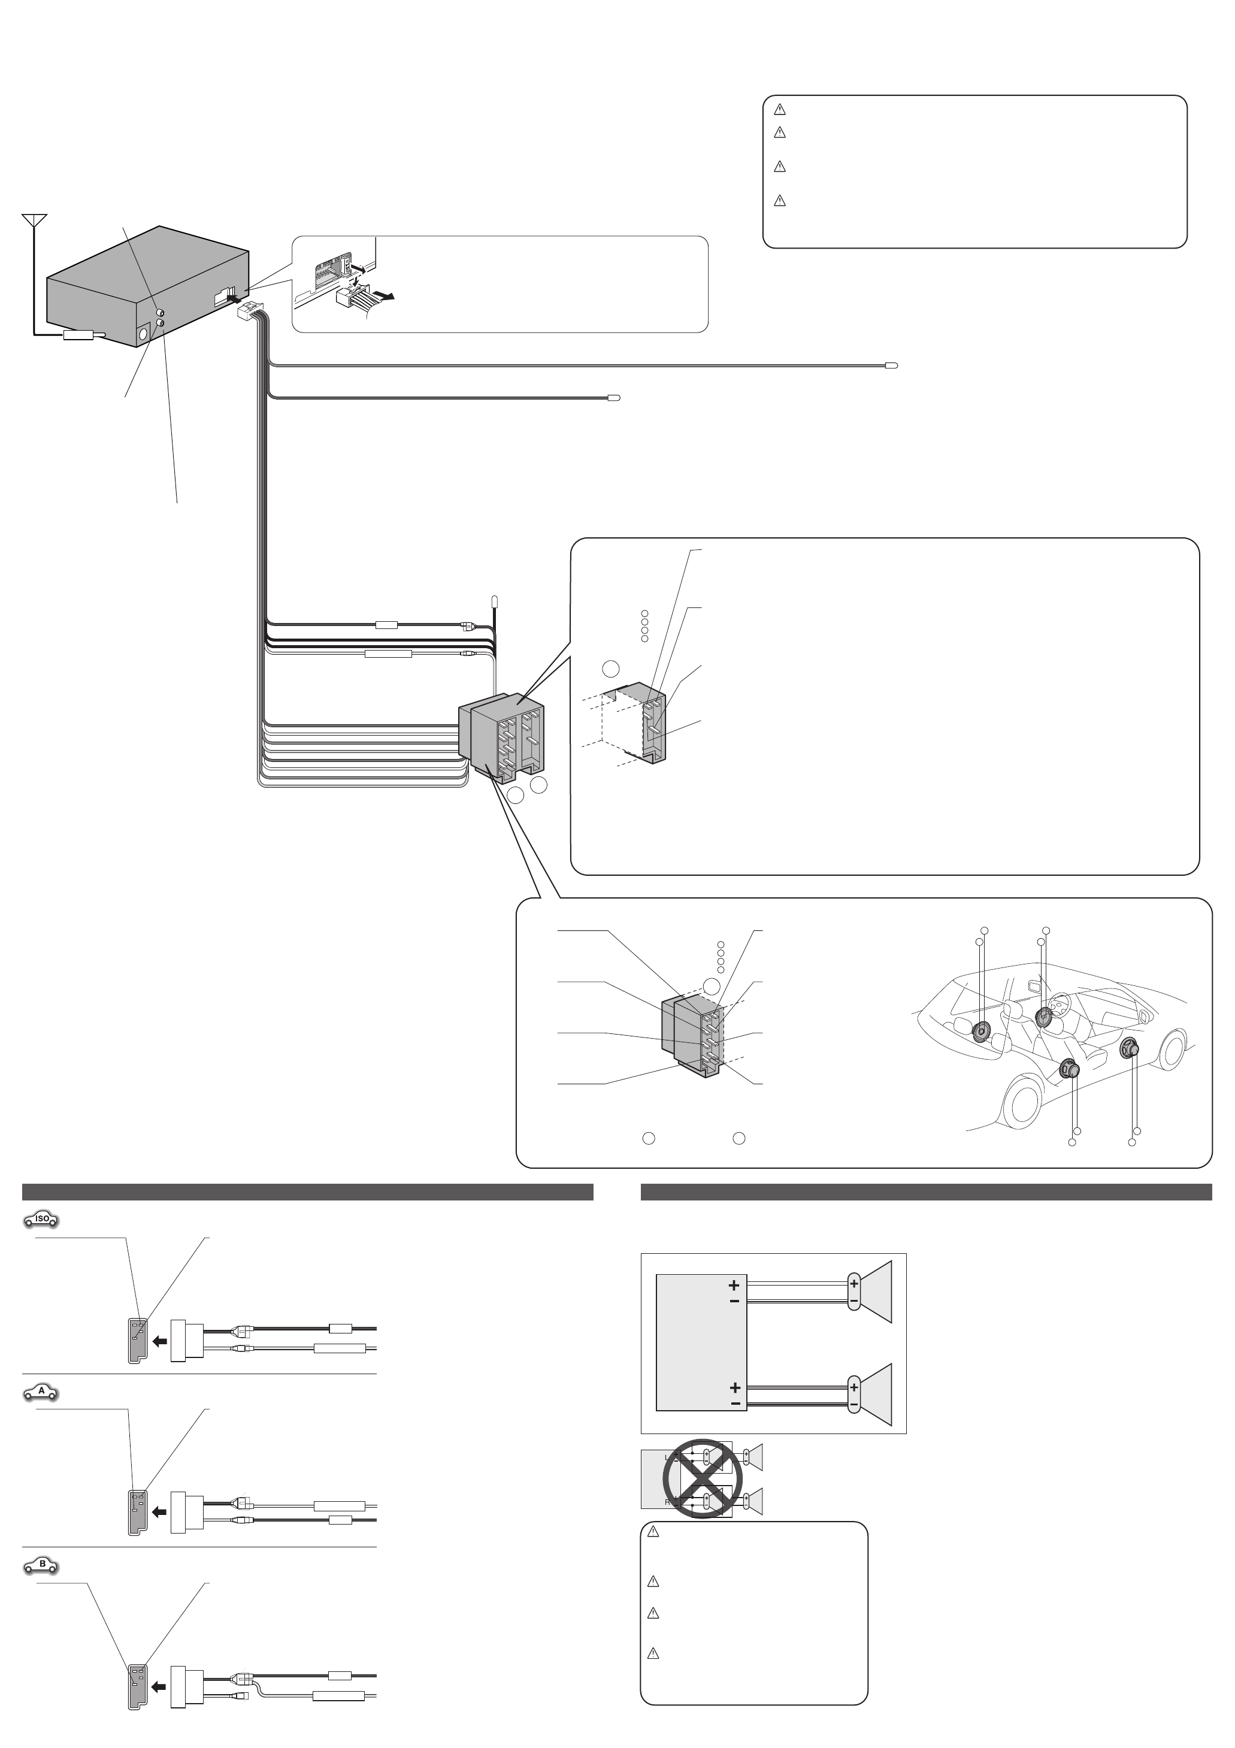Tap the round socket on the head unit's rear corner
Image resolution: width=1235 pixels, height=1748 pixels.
[143, 334]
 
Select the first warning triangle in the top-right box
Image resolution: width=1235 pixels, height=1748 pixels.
[780, 109]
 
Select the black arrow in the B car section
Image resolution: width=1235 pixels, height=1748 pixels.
[159, 1687]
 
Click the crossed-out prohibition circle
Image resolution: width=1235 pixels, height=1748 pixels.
[702, 1478]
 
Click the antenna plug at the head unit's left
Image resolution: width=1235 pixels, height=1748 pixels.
[78, 334]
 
